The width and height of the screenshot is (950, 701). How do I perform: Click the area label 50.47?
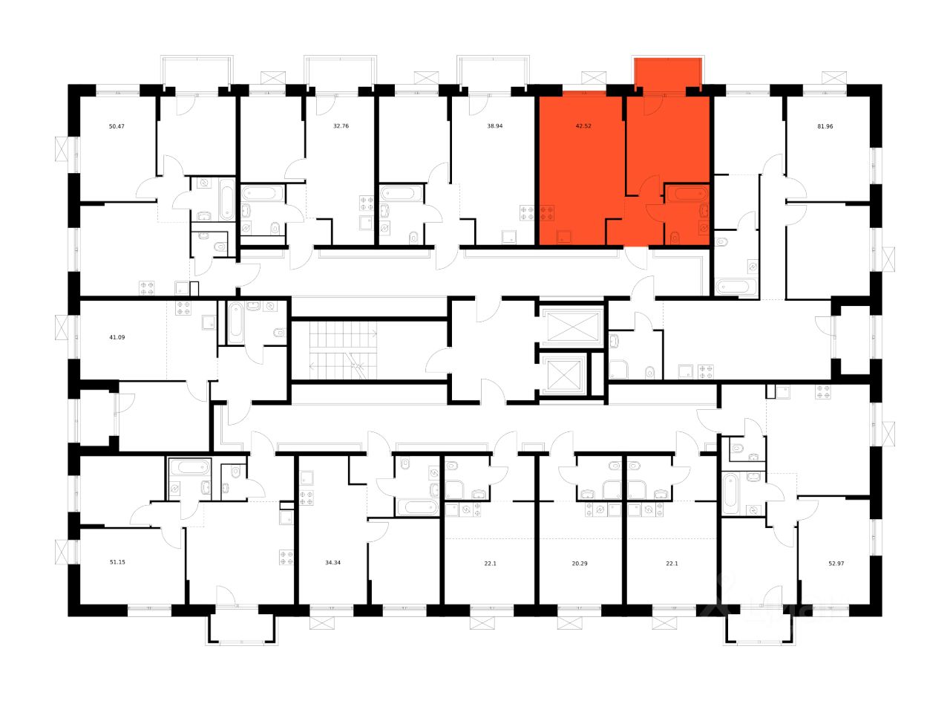pos(117,127)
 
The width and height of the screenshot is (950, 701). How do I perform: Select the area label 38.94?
pos(495,126)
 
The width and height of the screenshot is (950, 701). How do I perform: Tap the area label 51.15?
pos(117,562)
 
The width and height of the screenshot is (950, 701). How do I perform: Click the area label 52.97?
pos(836,563)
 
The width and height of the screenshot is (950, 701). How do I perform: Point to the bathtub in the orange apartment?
pos(687,194)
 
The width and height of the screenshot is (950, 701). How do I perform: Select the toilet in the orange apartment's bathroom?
pos(674,238)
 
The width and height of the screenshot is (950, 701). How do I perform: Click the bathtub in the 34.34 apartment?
pos(416,508)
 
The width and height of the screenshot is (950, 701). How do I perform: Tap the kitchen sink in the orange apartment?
pos(565,238)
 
